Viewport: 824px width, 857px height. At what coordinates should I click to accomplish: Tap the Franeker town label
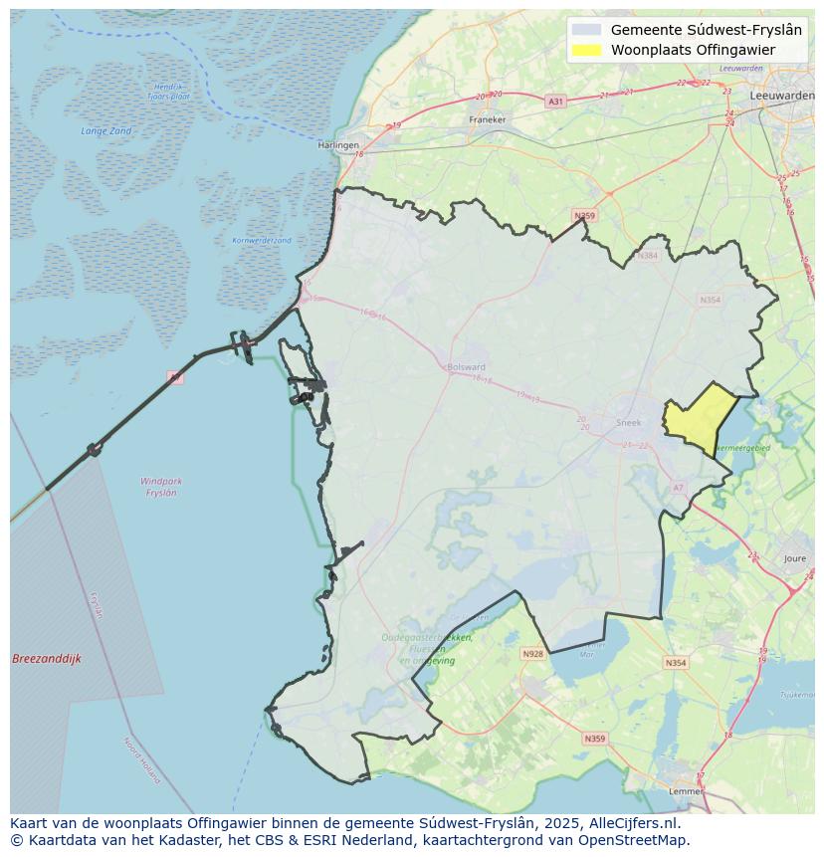click(487, 119)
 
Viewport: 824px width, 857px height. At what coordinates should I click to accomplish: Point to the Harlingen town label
click(338, 144)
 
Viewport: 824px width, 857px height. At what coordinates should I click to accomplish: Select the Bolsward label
click(467, 366)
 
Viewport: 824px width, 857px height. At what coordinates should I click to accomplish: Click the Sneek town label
click(629, 422)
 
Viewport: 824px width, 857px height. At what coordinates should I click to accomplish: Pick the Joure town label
click(795, 559)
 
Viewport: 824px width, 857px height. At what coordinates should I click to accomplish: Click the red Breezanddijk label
click(47, 659)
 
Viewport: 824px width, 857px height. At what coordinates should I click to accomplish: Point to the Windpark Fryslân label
click(161, 487)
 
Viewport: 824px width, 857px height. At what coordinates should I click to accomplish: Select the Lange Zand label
click(106, 131)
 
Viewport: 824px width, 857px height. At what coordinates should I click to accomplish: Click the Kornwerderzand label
click(262, 240)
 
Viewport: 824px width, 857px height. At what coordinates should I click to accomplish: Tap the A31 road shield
click(555, 101)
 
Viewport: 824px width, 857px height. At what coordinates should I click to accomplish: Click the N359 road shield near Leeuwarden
click(584, 215)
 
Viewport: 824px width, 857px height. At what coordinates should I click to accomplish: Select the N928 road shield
click(532, 654)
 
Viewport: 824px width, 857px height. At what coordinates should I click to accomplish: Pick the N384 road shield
click(649, 256)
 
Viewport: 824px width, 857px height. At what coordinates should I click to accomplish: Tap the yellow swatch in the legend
click(587, 50)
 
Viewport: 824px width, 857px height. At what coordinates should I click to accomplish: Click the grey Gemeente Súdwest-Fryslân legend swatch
click(587, 30)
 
